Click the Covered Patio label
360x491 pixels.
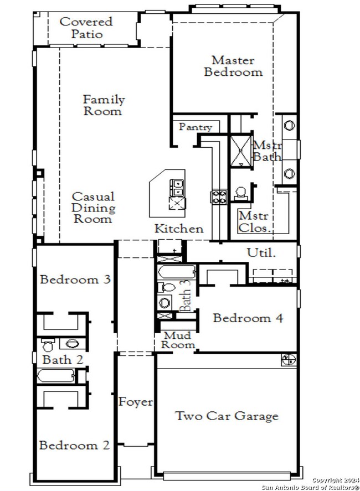pyautogui.click(x=86, y=28)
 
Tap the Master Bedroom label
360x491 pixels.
pyautogui.click(x=233, y=66)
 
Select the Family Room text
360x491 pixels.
pyautogui.click(x=104, y=105)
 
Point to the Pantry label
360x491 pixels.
pyautogui.click(x=195, y=127)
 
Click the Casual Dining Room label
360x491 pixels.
pyautogui.click(x=93, y=208)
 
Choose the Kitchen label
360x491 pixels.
pyautogui.click(x=178, y=229)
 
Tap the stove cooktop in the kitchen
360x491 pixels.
pyautogui.click(x=218, y=197)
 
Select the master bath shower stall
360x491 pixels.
pyautogui.click(x=241, y=150)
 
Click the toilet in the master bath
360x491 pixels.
pyautogui.click(x=241, y=193)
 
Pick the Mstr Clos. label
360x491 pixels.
pyautogui.click(x=254, y=221)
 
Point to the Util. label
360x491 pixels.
pyautogui.click(x=260, y=253)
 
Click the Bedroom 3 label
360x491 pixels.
pyautogui.click(x=75, y=280)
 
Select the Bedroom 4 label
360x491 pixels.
pyautogui.click(x=248, y=318)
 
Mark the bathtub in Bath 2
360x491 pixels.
pyautogui.click(x=55, y=376)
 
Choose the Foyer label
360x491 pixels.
pyautogui.click(x=136, y=402)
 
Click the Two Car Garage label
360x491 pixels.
pyautogui.click(x=227, y=416)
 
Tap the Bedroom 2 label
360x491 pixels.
pyautogui.click(x=74, y=446)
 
